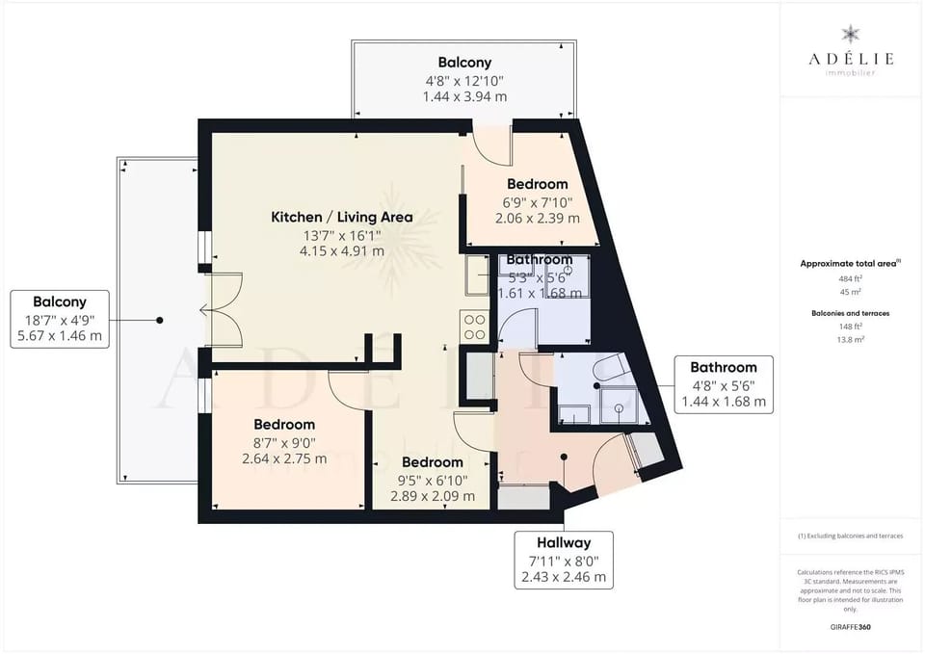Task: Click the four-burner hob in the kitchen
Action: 475,327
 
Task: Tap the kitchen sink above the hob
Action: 477,275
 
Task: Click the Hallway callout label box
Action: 565,559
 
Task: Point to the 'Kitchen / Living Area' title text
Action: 342,217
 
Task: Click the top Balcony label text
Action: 464,62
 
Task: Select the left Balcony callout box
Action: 60,319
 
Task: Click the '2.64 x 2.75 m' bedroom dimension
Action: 284,458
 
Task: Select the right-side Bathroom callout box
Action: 724,383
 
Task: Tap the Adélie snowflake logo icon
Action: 851,34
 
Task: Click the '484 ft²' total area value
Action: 851,278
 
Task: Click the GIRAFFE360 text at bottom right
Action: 851,626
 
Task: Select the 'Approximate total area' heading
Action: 850,263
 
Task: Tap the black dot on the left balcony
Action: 160,320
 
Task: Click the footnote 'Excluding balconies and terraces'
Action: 851,536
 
